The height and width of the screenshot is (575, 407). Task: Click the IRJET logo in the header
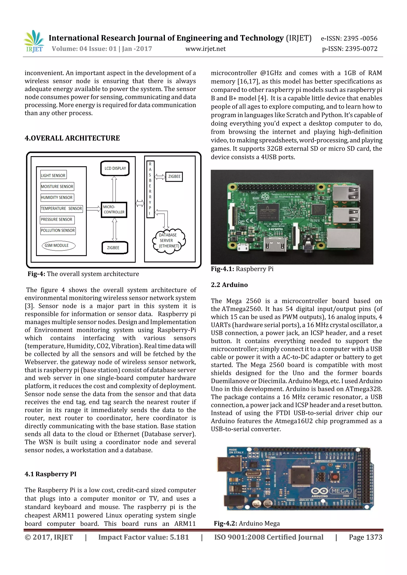point(34,41)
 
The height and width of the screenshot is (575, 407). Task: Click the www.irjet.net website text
point(205,49)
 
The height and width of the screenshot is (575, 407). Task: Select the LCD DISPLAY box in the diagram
point(115,168)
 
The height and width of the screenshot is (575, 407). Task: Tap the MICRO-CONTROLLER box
point(114,210)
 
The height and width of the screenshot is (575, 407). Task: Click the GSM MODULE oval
point(59,246)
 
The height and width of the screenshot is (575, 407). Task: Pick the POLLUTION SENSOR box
point(58,230)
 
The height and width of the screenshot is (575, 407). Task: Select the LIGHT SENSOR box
point(53,175)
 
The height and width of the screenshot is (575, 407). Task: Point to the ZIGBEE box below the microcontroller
point(114,248)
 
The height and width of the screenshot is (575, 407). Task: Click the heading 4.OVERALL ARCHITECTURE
point(72,138)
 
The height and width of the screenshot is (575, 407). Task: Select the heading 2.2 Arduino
point(229,285)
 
